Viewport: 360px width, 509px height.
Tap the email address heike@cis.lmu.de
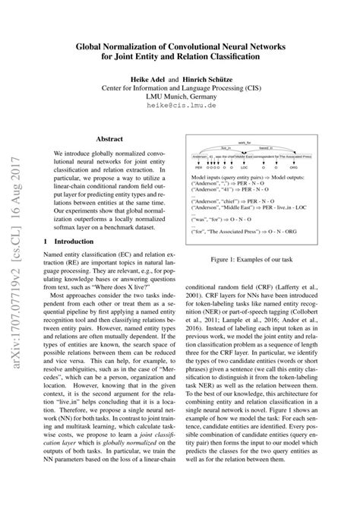pos(180,108)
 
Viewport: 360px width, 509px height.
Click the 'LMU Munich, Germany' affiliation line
pos(180,98)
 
